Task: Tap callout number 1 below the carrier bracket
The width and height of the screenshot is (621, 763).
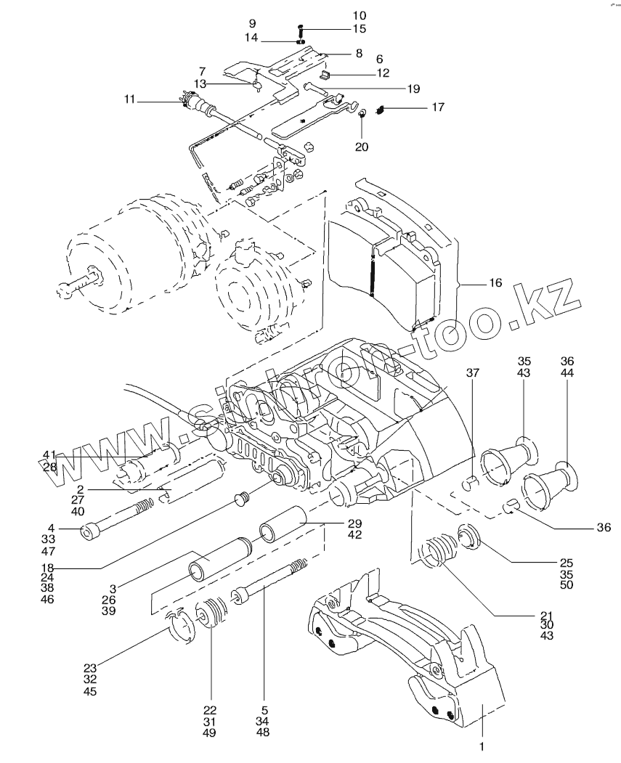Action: click(480, 746)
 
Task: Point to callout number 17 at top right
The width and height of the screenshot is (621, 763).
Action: click(438, 107)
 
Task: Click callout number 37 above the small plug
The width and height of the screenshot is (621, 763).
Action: click(473, 373)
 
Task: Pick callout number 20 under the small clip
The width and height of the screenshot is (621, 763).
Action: click(362, 147)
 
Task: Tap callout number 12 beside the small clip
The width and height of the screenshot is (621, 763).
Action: click(383, 73)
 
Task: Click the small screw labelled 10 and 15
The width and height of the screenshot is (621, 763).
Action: click(301, 30)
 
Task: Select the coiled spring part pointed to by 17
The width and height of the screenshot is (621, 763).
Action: click(380, 110)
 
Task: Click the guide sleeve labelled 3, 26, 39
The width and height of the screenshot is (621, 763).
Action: click(218, 561)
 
